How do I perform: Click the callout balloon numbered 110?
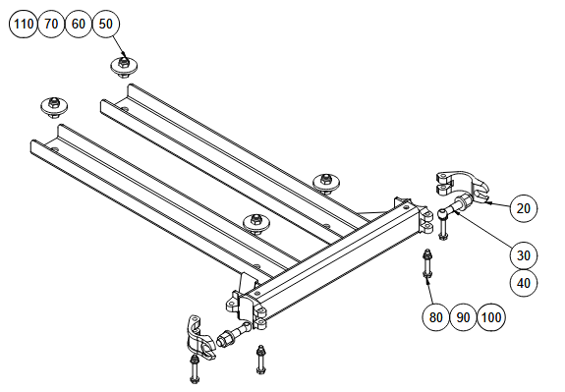click(x=24, y=25)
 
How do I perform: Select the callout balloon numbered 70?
click(x=51, y=25)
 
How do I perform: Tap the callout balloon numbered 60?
click(x=79, y=25)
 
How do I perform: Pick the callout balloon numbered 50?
click(x=106, y=25)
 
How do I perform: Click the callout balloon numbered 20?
click(x=524, y=208)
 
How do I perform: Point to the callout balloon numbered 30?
click(x=524, y=255)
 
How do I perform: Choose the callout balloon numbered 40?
click(x=524, y=283)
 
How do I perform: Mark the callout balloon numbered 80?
click(x=435, y=317)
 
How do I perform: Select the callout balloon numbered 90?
click(x=464, y=317)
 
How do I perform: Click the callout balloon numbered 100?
click(x=491, y=317)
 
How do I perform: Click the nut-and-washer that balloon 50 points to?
click(x=124, y=66)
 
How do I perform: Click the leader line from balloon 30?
click(x=483, y=230)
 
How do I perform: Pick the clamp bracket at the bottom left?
click(x=199, y=337)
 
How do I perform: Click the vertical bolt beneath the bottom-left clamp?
click(x=195, y=368)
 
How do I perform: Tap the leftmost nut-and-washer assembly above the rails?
click(x=54, y=107)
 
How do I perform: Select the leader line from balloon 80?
click(x=429, y=292)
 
